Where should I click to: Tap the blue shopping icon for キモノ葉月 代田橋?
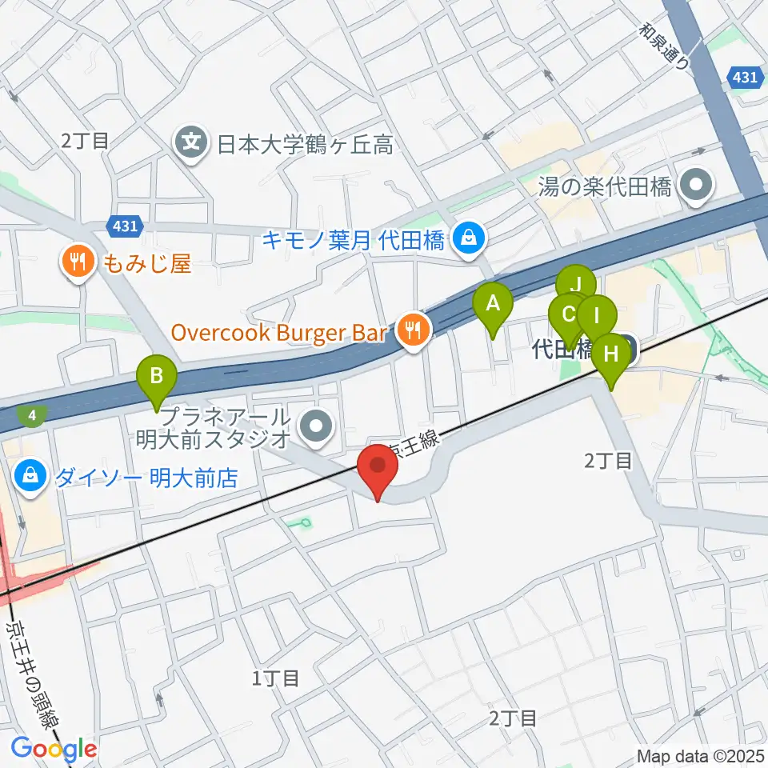[x=467, y=237]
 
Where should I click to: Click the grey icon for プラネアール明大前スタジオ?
[x=318, y=426]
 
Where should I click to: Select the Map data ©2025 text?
[x=699, y=754]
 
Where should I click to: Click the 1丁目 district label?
[x=276, y=678]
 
